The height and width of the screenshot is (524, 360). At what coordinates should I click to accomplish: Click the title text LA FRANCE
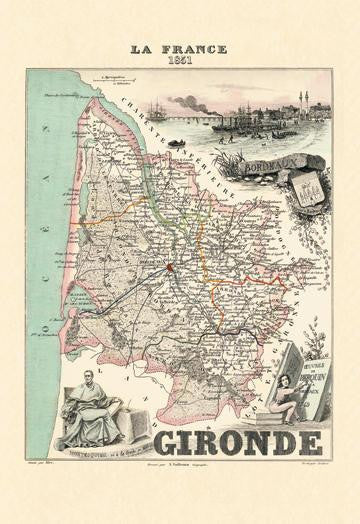coord(180,48)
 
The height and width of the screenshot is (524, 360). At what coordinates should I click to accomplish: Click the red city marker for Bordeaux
coord(170,268)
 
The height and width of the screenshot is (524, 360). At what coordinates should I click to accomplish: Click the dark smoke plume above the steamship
coord(186,100)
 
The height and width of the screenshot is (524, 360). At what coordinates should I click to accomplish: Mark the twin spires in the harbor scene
coord(301,100)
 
